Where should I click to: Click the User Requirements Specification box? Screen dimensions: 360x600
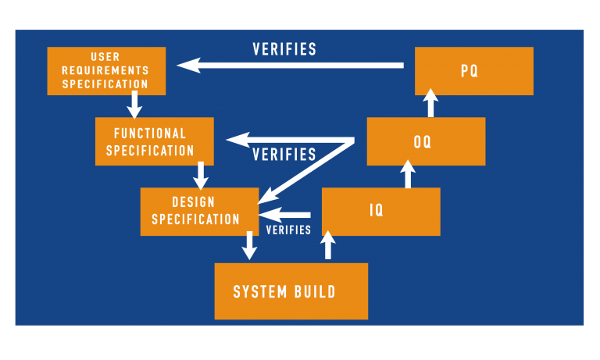click(106, 71)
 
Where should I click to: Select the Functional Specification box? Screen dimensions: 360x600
click(154, 141)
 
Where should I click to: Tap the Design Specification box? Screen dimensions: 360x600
click(199, 212)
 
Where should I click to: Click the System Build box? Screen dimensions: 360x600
click(291, 291)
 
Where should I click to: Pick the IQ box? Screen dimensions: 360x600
click(380, 212)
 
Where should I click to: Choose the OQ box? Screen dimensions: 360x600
click(426, 141)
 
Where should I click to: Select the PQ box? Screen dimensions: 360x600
click(473, 71)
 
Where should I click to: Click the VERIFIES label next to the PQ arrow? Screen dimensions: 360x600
click(284, 49)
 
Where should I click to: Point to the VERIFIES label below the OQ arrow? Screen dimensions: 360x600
click(284, 155)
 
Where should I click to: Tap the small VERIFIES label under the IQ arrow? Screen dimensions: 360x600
click(288, 230)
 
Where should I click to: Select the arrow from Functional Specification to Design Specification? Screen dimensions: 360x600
click(201, 176)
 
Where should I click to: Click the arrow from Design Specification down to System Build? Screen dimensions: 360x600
click(249, 245)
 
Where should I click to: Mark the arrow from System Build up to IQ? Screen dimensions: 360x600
click(328, 245)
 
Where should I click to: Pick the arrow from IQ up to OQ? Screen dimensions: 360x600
click(407, 175)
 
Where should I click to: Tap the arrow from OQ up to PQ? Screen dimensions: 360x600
click(430, 103)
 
